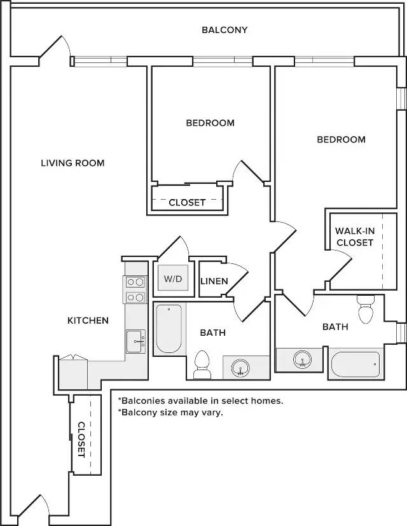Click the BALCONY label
(224, 30)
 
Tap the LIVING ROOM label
(72, 163)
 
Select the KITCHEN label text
(88, 321)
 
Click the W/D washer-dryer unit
(173, 278)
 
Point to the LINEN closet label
(214, 281)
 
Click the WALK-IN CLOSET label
(355, 237)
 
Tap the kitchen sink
(136, 342)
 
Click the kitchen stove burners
(135, 289)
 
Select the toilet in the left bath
(202, 365)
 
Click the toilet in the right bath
(366, 309)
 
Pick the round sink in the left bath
(240, 368)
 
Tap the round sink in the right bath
(302, 359)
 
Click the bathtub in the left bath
(169, 328)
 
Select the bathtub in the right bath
(355, 364)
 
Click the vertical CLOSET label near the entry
(81, 439)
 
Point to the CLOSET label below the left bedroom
(187, 203)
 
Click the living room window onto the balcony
(100, 62)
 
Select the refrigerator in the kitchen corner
(73, 372)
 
